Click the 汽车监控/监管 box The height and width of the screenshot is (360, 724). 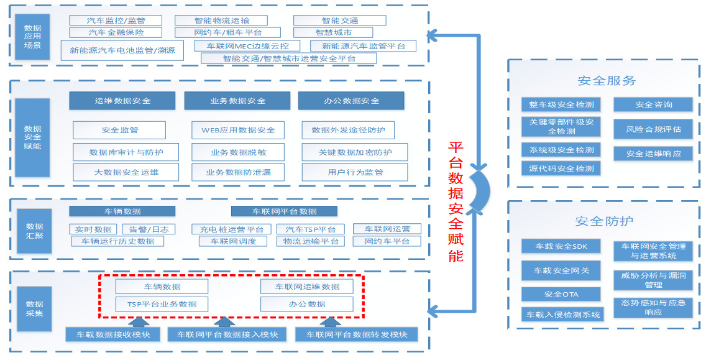coord(116,21)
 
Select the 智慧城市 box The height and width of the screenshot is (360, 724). coord(333,32)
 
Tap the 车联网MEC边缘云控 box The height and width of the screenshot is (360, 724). coord(247,46)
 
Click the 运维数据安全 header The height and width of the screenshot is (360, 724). coord(122,101)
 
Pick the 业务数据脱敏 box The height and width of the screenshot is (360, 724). coord(238,152)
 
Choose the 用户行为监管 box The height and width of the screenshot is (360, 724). coord(355,172)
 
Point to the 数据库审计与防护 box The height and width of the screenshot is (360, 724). coord(126,152)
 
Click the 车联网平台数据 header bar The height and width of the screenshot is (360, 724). coord(284,211)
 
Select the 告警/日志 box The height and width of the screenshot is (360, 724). coord(149,229)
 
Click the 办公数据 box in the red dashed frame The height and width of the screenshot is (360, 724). coord(307,304)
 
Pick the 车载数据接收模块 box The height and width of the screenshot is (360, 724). coord(114,335)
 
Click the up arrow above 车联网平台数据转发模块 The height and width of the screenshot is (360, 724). coord(330,321)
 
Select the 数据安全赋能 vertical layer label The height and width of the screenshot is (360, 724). coord(33,137)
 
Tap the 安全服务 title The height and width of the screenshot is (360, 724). coord(606,81)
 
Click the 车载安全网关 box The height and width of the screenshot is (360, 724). coord(561,270)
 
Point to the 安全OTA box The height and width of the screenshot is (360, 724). coord(561,294)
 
